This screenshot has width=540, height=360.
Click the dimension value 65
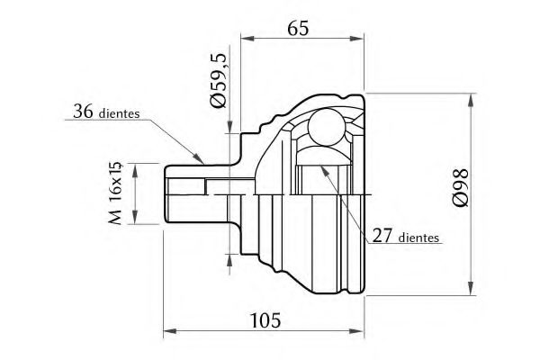click(x=300, y=28)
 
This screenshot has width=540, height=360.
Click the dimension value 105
click(x=264, y=319)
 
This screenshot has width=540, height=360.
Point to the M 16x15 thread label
click(x=113, y=193)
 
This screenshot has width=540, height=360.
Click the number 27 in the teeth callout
click(x=381, y=238)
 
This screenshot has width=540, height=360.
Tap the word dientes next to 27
click(x=418, y=239)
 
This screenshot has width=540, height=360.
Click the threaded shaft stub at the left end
click(x=184, y=193)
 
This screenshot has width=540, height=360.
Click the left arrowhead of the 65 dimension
click(x=246, y=39)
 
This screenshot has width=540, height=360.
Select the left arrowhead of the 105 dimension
click(x=167, y=331)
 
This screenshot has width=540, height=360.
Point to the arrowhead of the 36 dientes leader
click(x=204, y=159)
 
